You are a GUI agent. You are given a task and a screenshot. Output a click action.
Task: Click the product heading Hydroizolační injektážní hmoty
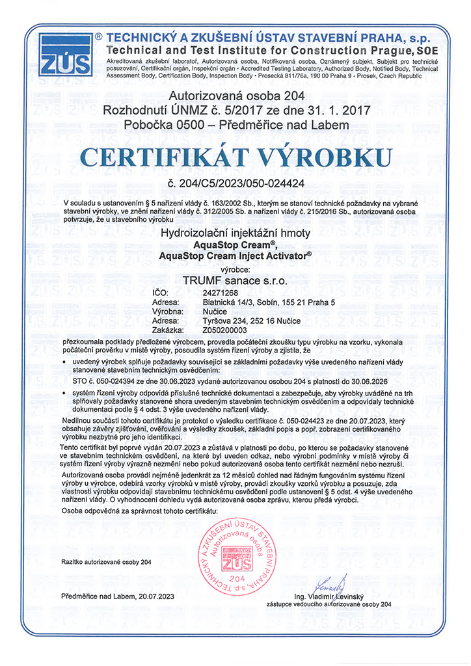[x=235, y=233]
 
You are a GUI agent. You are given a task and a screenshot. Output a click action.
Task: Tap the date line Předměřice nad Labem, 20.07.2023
[x=118, y=596]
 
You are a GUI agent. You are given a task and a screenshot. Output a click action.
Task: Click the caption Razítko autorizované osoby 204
[x=106, y=561]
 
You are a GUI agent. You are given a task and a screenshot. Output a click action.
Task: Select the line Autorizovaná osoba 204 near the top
[x=235, y=98]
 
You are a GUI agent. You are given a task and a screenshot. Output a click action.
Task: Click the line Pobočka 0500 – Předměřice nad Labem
[x=235, y=124]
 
